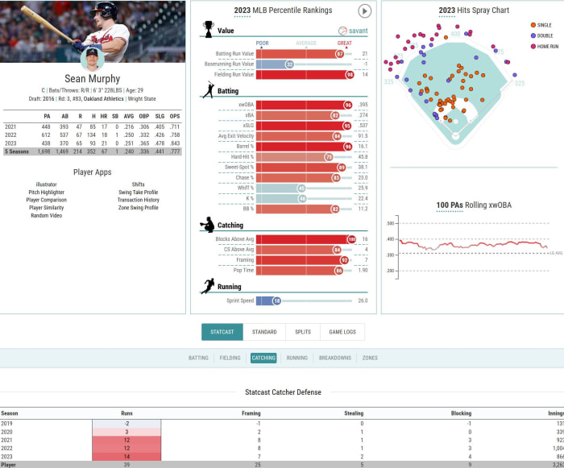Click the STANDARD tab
(264, 332)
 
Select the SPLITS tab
(303, 332)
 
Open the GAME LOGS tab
(342, 332)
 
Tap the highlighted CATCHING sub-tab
(263, 358)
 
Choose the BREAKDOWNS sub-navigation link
(334, 358)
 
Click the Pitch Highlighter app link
(48, 193)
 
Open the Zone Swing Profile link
(139, 208)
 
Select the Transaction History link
(139, 200)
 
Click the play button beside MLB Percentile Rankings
(364, 11)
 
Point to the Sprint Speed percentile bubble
(276, 300)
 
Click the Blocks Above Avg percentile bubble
(350, 239)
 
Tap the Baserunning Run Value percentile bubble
(289, 64)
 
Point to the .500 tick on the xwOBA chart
(391, 223)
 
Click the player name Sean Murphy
(93, 79)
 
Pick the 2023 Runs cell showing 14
(126, 456)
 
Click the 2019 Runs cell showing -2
(126, 423)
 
